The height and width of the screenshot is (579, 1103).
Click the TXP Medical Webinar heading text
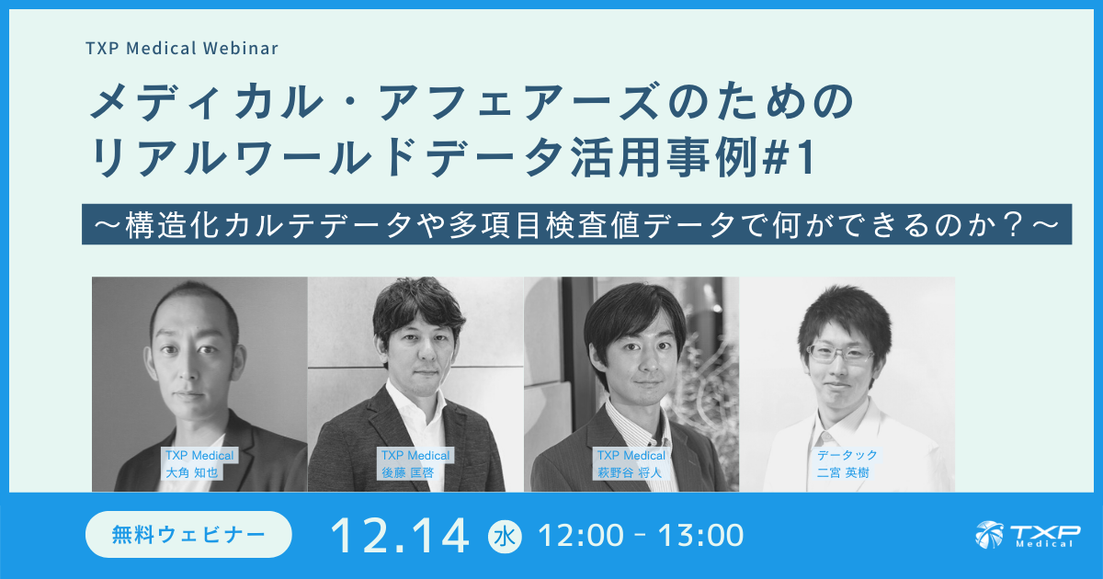[x=183, y=47]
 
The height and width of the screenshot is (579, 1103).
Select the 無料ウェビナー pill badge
[x=188, y=534]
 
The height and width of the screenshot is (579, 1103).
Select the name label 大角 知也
[x=189, y=472]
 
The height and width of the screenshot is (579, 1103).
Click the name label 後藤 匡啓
[x=406, y=472]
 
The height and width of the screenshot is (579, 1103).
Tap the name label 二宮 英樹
[x=843, y=472]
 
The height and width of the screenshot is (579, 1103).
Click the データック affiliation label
[x=847, y=455]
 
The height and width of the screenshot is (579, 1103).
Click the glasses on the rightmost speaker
[x=840, y=353]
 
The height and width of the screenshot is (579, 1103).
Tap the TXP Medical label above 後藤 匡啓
[x=415, y=455]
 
